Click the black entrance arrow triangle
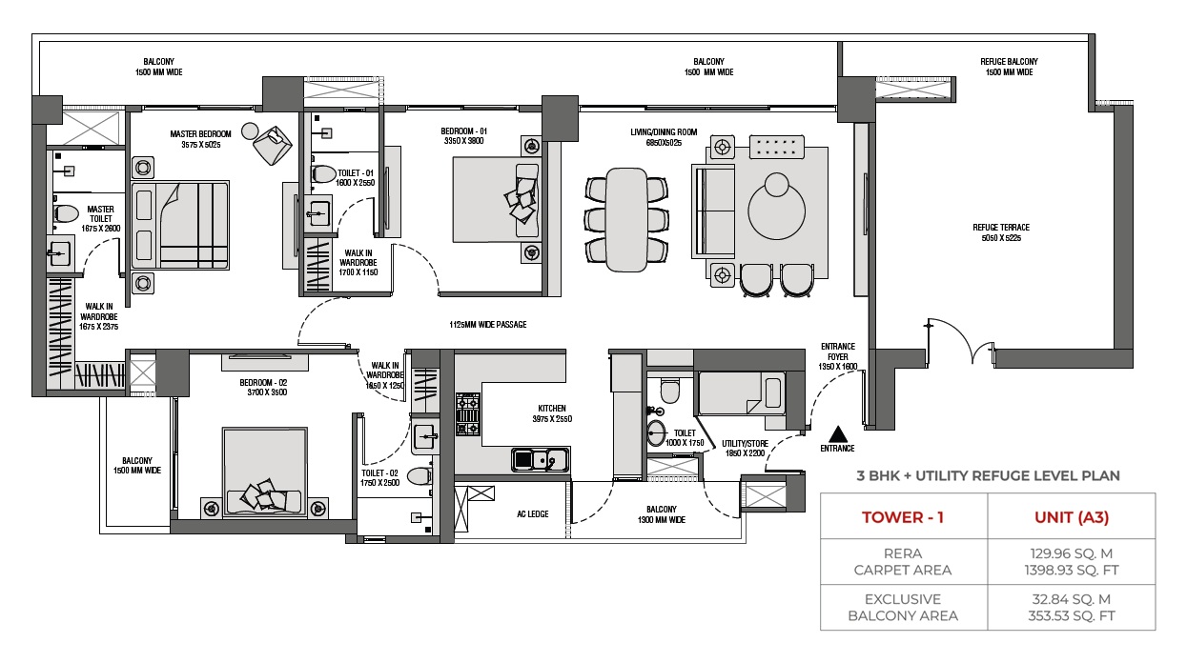[837, 434]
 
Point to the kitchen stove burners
[468, 413]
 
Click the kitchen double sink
[541, 460]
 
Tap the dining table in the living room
[626, 220]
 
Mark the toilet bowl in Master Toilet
[66, 214]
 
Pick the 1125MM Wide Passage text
[487, 325]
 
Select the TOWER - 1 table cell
[903, 517]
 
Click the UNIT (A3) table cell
[1072, 517]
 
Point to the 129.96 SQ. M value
[1072, 553]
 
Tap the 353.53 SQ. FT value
[1072, 616]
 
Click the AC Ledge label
[533, 514]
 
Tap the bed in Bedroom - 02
[264, 472]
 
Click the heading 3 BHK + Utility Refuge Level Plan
[989, 475]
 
